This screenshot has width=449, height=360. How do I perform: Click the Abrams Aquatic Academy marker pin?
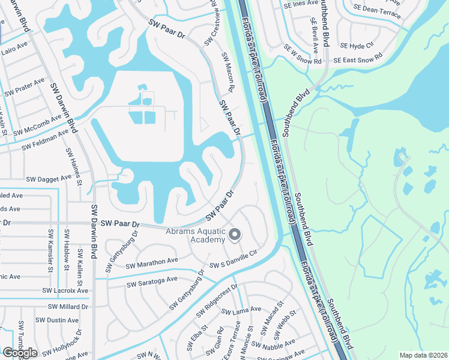click(x=235, y=235)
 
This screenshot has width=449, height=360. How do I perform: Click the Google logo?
click(x=20, y=353)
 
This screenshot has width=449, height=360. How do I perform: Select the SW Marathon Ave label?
click(x=152, y=263)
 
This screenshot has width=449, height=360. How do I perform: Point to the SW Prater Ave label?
click(x=25, y=88)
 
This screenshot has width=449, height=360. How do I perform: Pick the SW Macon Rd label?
click(x=227, y=73)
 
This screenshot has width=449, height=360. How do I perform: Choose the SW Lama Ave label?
click(x=241, y=310)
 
